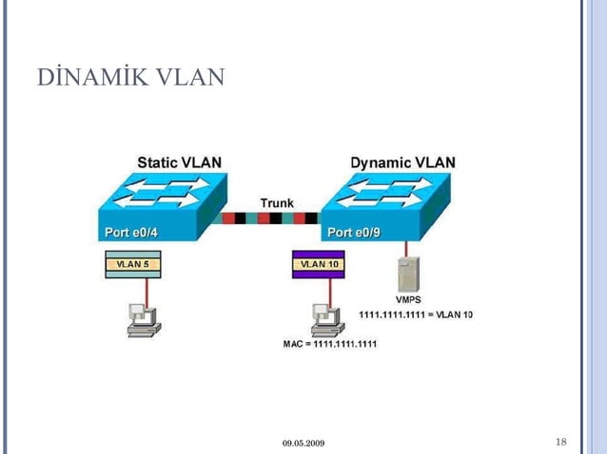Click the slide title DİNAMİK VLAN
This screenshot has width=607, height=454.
(130, 76)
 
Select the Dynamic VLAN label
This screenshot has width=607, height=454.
(402, 162)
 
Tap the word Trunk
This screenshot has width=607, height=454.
(277, 203)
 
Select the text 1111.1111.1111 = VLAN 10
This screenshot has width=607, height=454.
(416, 314)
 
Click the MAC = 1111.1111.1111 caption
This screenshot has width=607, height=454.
(330, 343)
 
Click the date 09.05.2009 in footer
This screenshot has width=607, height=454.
(303, 444)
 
